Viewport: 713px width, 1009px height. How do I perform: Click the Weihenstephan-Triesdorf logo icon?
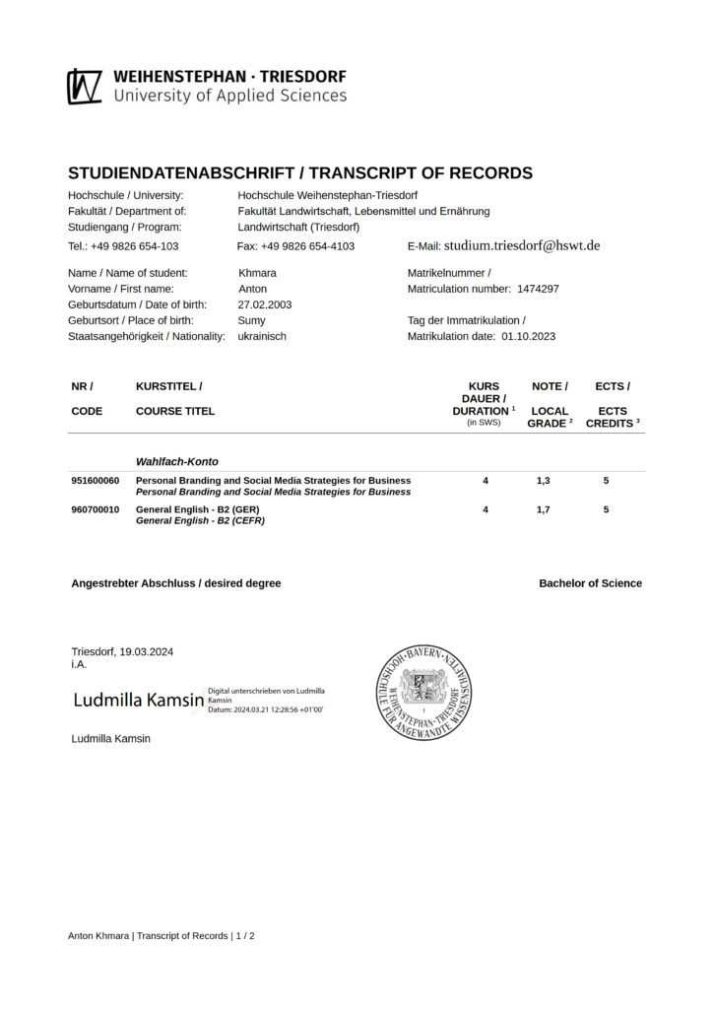pos(85,86)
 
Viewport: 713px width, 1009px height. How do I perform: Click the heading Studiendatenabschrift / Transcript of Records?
pos(300,173)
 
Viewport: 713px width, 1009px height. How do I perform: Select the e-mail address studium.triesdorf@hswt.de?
pos(522,245)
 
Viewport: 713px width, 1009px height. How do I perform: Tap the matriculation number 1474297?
pos(535,289)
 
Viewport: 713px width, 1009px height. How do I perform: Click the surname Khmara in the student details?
pos(257,273)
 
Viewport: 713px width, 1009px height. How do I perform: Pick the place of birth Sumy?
pos(252,320)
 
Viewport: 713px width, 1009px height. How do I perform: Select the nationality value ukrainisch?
pos(262,336)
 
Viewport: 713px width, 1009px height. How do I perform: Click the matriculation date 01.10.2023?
pos(528,336)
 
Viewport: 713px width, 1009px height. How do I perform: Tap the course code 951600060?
pos(95,480)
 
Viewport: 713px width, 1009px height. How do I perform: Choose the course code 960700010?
pos(95,509)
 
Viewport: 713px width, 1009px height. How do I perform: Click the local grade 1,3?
pos(544,480)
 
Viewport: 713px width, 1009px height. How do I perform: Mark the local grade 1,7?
pos(544,509)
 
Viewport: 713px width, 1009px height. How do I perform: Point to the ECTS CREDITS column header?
pos(613,417)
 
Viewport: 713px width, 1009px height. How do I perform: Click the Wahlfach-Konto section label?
pos(176,461)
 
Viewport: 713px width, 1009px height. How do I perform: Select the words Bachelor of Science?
pos(590,583)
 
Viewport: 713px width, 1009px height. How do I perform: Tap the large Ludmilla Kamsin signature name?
pos(138,701)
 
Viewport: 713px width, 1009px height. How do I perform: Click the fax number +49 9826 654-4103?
pos(295,246)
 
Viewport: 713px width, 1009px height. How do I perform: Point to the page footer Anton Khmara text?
pos(98,935)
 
